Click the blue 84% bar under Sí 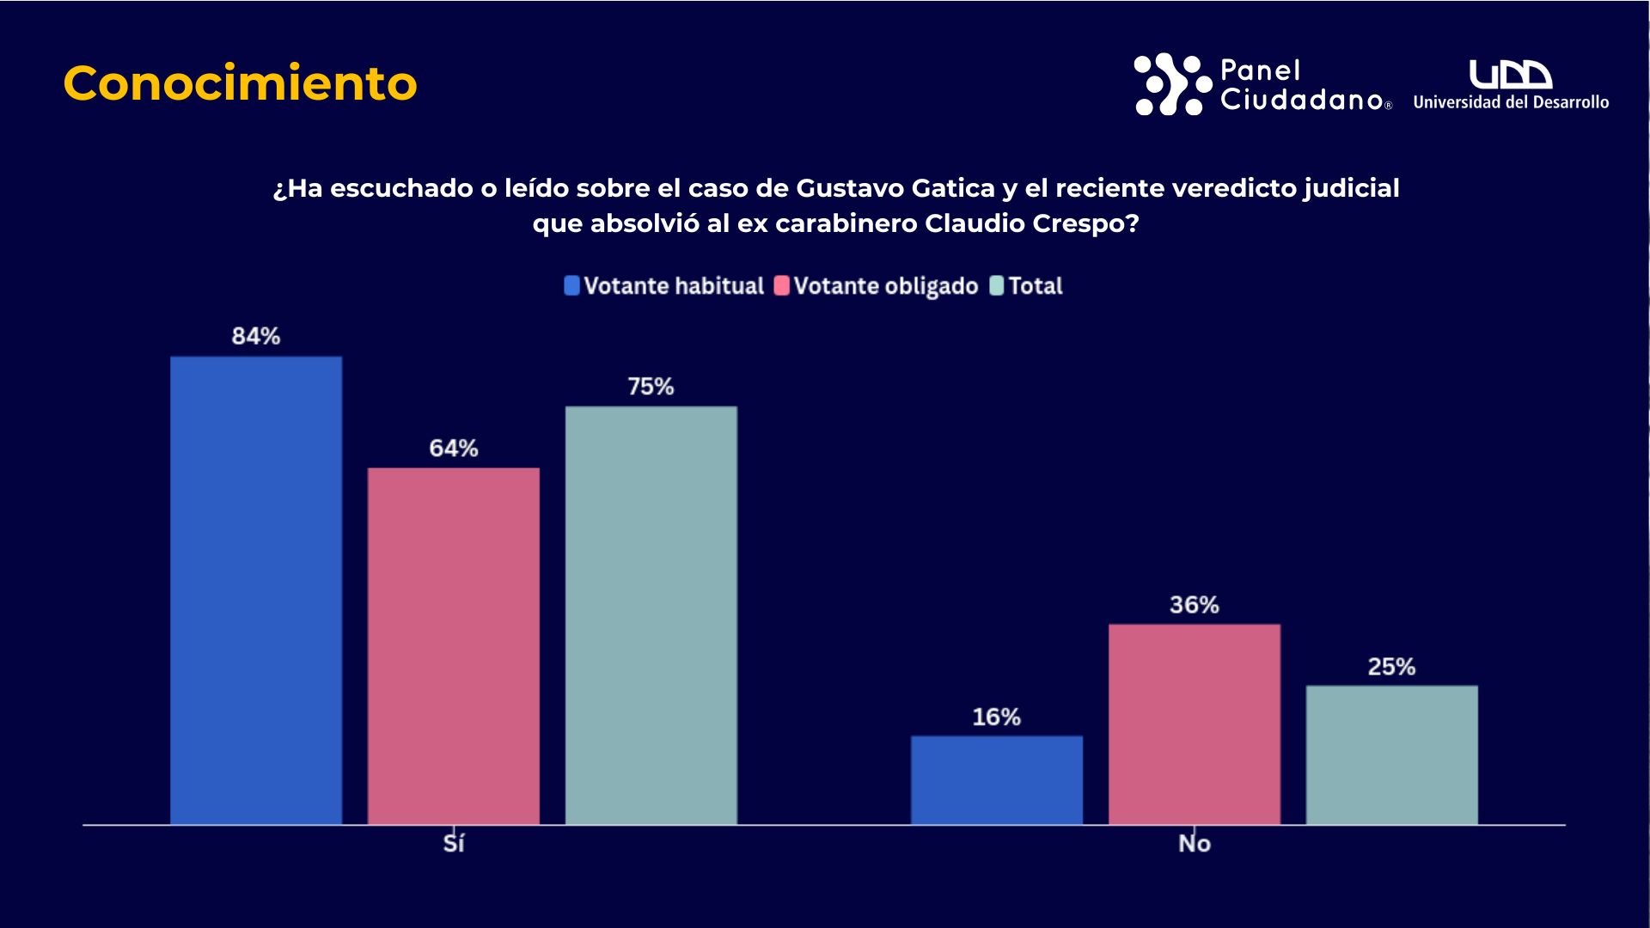pyautogui.click(x=256, y=590)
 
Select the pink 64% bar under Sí pyautogui.click(x=454, y=646)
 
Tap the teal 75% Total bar pyautogui.click(x=651, y=615)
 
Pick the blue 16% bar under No pyautogui.click(x=997, y=780)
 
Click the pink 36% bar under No pyautogui.click(x=1195, y=724)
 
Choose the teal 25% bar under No pyautogui.click(x=1392, y=755)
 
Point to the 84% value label pyautogui.click(x=256, y=336)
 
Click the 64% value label pyautogui.click(x=454, y=448)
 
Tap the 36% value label pyautogui.click(x=1195, y=605)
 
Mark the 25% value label pyautogui.click(x=1392, y=667)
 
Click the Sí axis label pyautogui.click(x=454, y=844)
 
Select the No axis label pyautogui.click(x=1195, y=844)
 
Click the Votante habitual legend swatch pyautogui.click(x=572, y=286)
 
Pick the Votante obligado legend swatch pyautogui.click(x=782, y=286)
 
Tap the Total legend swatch pyautogui.click(x=997, y=286)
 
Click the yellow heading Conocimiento pyautogui.click(x=240, y=83)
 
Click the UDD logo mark pyautogui.click(x=1510, y=75)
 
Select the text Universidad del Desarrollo pyautogui.click(x=1511, y=102)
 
